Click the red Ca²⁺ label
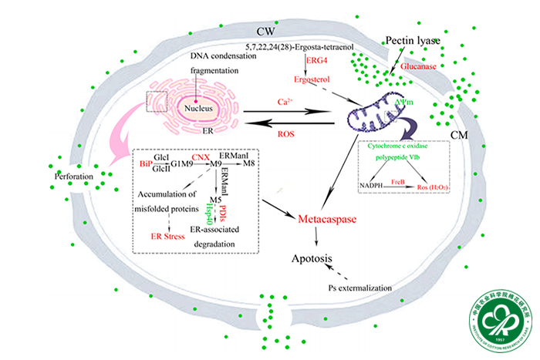coord(288,102)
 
